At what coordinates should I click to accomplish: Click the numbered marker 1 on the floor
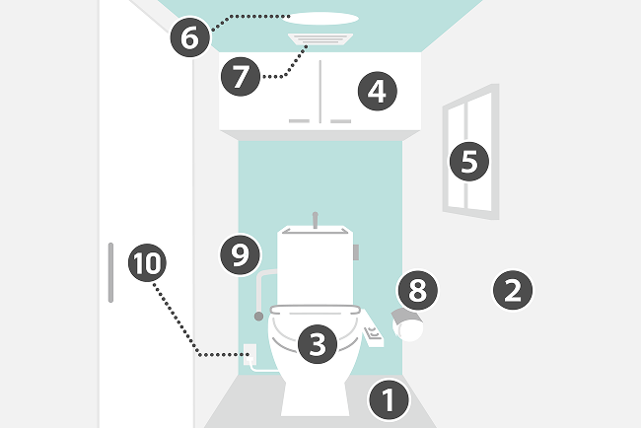[389, 399]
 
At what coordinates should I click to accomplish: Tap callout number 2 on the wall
[513, 290]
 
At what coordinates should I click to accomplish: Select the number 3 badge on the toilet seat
[318, 344]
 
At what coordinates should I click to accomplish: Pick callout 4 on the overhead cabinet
[378, 91]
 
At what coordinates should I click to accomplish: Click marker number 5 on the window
[468, 162]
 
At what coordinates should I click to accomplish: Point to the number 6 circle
[190, 37]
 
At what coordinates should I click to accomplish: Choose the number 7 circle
[241, 77]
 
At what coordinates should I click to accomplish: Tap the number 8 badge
[418, 290]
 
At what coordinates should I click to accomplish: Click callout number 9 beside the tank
[240, 254]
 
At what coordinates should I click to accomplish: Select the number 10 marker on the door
[147, 262]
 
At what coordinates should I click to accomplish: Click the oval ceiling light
[320, 19]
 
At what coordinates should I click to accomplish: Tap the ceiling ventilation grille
[320, 38]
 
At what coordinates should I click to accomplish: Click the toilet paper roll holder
[407, 325]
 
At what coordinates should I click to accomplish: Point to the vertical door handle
[110, 272]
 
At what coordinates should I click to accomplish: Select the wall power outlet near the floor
[249, 354]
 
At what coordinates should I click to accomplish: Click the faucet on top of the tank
[316, 220]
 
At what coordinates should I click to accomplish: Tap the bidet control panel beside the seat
[373, 330]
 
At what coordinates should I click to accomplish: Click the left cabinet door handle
[299, 121]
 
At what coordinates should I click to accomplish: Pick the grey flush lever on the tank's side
[356, 252]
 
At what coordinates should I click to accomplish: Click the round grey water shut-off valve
[258, 316]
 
